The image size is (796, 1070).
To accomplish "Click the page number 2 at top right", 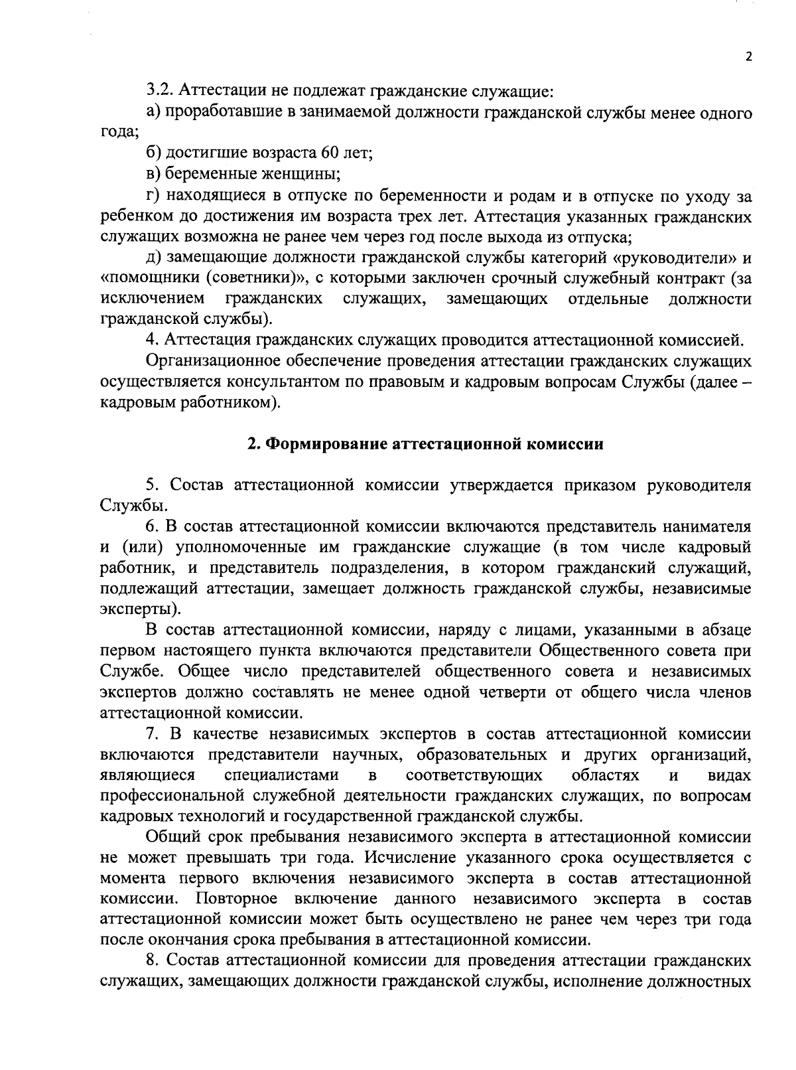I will tap(748, 58).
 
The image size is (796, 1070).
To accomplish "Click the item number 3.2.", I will tap(159, 90).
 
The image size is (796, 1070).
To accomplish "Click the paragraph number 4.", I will tap(153, 341).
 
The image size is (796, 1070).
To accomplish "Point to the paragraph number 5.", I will tap(152, 485).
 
